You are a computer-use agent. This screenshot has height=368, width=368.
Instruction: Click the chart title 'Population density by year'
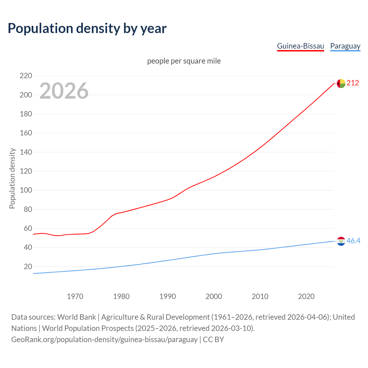pos(87,28)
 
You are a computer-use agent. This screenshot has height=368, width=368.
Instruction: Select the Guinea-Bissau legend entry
pos(300,46)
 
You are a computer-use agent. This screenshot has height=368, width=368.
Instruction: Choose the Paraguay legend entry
pos(345,46)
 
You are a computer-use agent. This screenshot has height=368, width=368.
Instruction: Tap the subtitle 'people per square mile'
pos(184,61)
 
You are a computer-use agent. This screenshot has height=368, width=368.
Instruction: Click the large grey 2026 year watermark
pos(64,91)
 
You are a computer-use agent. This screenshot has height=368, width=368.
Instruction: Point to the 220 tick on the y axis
pos(26,76)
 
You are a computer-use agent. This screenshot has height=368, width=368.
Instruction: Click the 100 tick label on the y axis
pos(26,190)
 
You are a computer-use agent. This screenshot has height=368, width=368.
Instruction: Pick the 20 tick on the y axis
pos(28,267)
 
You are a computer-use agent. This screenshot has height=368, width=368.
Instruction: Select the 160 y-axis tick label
pos(26,133)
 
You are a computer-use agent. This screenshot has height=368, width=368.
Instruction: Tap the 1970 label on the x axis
pos(75,296)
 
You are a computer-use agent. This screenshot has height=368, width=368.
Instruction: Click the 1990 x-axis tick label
pos(168,296)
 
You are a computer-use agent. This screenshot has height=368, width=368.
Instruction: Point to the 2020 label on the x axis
pos(306,296)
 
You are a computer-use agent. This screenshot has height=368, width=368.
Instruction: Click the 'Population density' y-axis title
pos(12,178)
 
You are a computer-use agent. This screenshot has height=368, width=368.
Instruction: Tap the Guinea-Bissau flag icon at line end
pos(341,83)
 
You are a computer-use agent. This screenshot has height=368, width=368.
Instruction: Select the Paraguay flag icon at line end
pos(341,241)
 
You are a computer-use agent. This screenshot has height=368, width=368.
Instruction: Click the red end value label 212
pos(353,83)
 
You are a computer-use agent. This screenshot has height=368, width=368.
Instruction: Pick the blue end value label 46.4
pos(353,241)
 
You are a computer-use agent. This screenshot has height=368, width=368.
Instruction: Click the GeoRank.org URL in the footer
pos(104,340)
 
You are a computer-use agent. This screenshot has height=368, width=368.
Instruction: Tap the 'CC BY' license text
pos(213,340)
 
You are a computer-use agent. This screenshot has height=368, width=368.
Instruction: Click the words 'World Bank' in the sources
pos(76,317)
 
